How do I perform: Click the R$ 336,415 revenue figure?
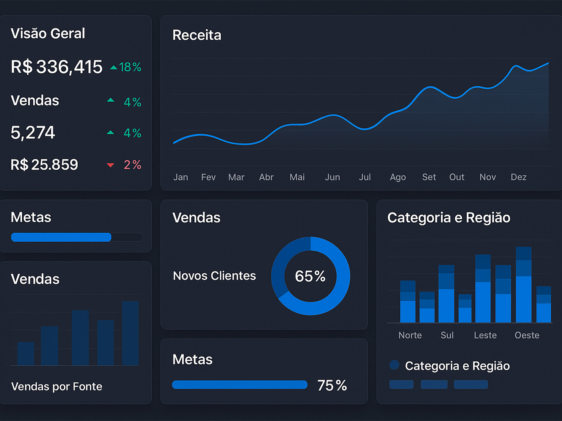pyautogui.click(x=56, y=67)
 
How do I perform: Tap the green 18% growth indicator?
pyautogui.click(x=126, y=67)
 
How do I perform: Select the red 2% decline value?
pyautogui.click(x=132, y=165)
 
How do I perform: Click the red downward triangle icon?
pyautogui.click(x=110, y=165)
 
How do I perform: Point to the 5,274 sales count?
pyautogui.click(x=33, y=133)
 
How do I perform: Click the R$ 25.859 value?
pyautogui.click(x=44, y=165)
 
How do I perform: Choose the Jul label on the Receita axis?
pyautogui.click(x=365, y=177)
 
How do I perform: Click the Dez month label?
pyautogui.click(x=518, y=177)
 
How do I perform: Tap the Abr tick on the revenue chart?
pyautogui.click(x=266, y=177)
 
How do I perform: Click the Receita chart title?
pyautogui.click(x=197, y=35)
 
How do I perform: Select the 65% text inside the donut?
pyautogui.click(x=310, y=276)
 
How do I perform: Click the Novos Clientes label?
pyautogui.click(x=214, y=276)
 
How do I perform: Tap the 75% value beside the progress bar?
pyautogui.click(x=332, y=385)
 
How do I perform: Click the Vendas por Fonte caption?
pyautogui.click(x=56, y=387)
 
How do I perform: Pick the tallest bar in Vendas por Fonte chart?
pyautogui.click(x=130, y=333)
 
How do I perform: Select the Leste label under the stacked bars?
pyautogui.click(x=485, y=335)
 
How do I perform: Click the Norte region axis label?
pyautogui.click(x=410, y=335)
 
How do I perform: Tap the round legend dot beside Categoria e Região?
pyautogui.click(x=394, y=365)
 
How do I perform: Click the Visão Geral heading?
pyautogui.click(x=48, y=33)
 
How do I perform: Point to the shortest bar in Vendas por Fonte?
pyautogui.click(x=26, y=354)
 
